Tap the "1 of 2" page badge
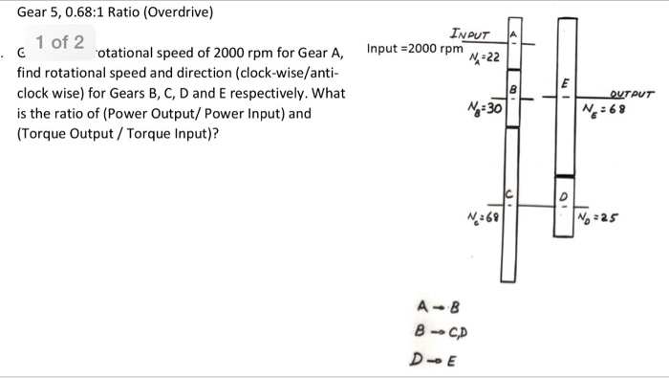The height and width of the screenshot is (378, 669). pyautogui.click(x=60, y=42)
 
